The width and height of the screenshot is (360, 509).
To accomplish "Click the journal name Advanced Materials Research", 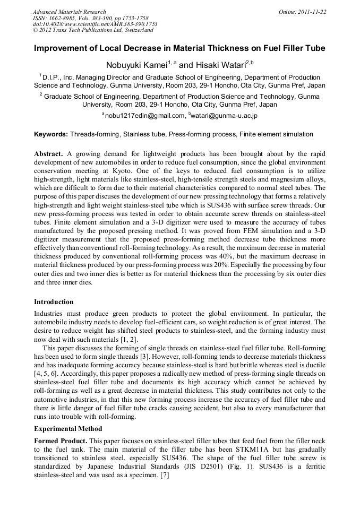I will pos(69,12).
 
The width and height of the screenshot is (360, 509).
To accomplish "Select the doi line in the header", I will pos(95,24).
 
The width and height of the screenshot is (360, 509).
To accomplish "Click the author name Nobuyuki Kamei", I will pos(138,65).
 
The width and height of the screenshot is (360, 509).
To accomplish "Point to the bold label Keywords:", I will pos(51,134).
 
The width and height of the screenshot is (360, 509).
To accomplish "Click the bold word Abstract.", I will pos(50,153).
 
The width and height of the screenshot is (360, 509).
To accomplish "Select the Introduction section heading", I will pos(54,302).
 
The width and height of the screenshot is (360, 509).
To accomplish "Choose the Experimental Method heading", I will pos(68,428).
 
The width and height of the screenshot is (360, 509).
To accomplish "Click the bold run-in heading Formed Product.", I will pos(60,441).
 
